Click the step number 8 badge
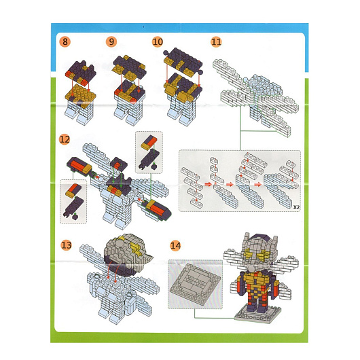point(65,42)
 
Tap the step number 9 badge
point(111,42)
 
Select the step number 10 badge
point(158,42)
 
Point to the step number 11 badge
point(216,42)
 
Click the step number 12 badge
point(65,139)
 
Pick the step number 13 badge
point(66,245)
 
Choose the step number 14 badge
point(175,246)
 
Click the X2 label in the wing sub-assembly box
point(296,207)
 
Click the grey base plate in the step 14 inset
point(195,284)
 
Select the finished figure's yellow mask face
point(257,253)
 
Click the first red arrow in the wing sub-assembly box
point(208,184)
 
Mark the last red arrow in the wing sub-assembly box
point(258,184)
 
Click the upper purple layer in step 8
point(80,72)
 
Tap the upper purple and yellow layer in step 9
point(129,67)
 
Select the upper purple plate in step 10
point(183,61)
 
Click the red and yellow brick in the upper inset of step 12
point(149,143)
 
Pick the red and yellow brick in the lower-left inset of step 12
point(73,191)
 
